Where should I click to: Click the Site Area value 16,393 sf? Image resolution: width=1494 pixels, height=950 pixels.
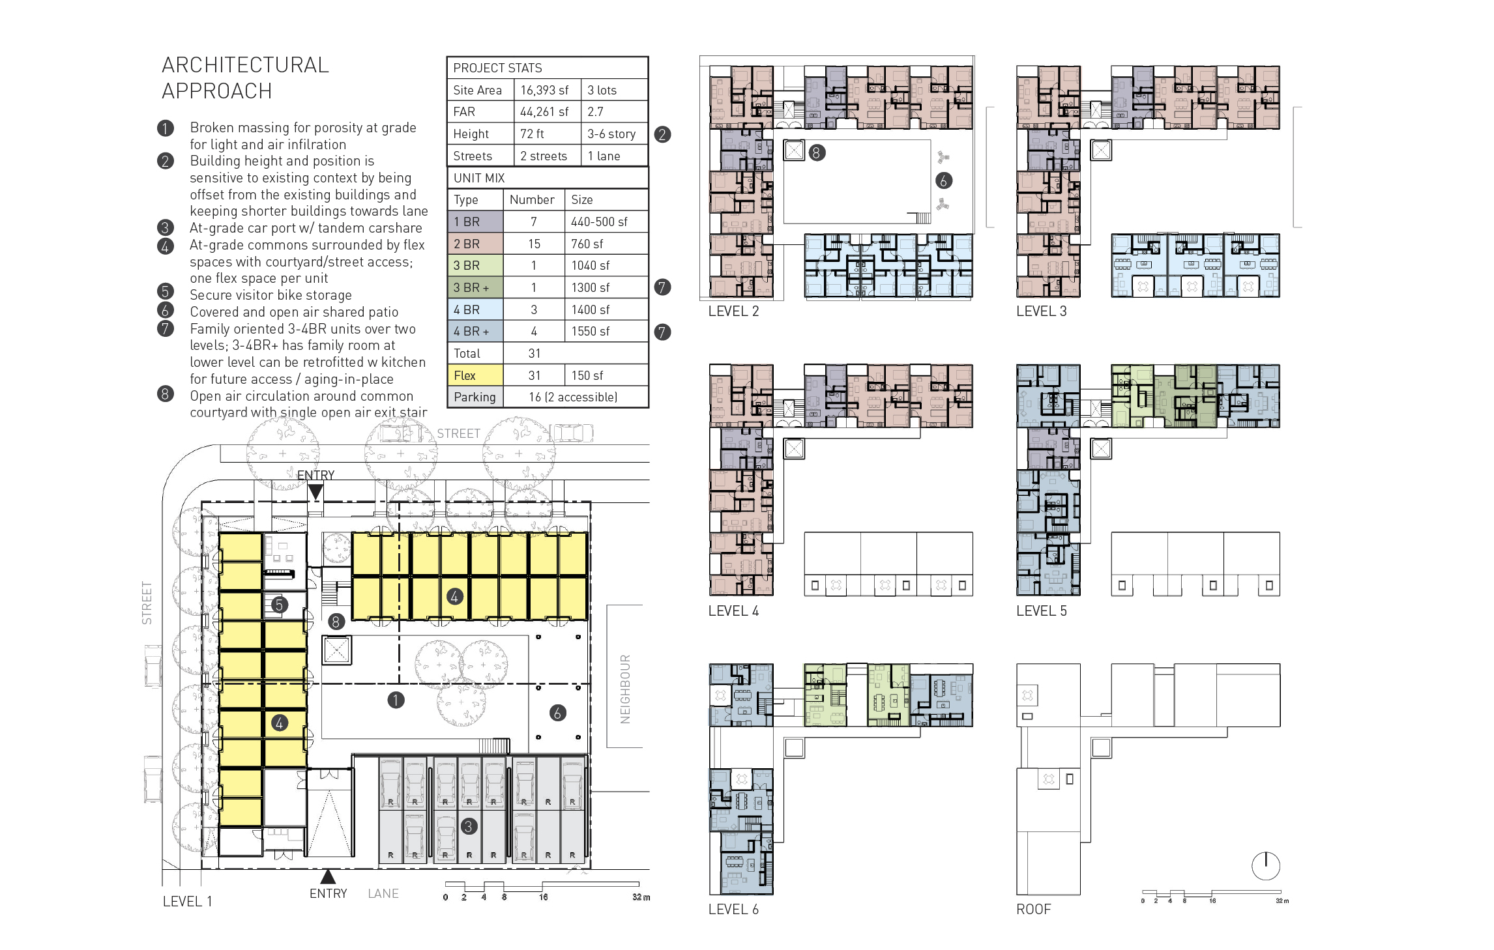click(544, 90)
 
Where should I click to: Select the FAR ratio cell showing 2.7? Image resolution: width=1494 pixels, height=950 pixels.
click(595, 112)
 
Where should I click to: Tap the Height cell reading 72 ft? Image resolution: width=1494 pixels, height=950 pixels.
click(532, 134)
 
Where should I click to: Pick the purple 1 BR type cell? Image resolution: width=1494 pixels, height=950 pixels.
click(475, 222)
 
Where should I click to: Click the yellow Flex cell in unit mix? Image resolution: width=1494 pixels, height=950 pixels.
click(475, 375)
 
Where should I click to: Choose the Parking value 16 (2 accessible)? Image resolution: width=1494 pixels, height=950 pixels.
click(573, 397)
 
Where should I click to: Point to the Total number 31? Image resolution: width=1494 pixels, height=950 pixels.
click(535, 353)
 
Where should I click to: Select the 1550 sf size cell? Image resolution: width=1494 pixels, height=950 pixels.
click(591, 331)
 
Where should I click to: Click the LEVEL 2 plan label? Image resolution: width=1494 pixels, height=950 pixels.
click(733, 311)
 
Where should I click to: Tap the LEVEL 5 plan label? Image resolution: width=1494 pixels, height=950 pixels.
click(1042, 611)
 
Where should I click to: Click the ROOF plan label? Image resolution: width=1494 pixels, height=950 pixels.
click(1034, 909)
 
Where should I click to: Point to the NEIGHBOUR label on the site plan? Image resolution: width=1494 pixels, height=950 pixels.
click(625, 689)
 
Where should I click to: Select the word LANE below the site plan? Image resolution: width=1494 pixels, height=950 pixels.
click(383, 893)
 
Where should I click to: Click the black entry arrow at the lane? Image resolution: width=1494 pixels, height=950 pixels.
click(328, 876)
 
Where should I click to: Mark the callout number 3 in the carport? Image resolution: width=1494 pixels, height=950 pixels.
click(469, 827)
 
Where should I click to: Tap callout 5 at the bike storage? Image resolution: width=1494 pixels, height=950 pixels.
click(279, 605)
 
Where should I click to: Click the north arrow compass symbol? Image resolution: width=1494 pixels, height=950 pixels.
click(1266, 866)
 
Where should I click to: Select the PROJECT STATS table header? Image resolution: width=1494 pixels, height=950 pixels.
click(497, 68)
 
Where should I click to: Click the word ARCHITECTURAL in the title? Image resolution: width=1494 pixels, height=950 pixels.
click(245, 65)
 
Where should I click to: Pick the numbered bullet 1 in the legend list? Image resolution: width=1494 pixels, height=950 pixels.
click(166, 128)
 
